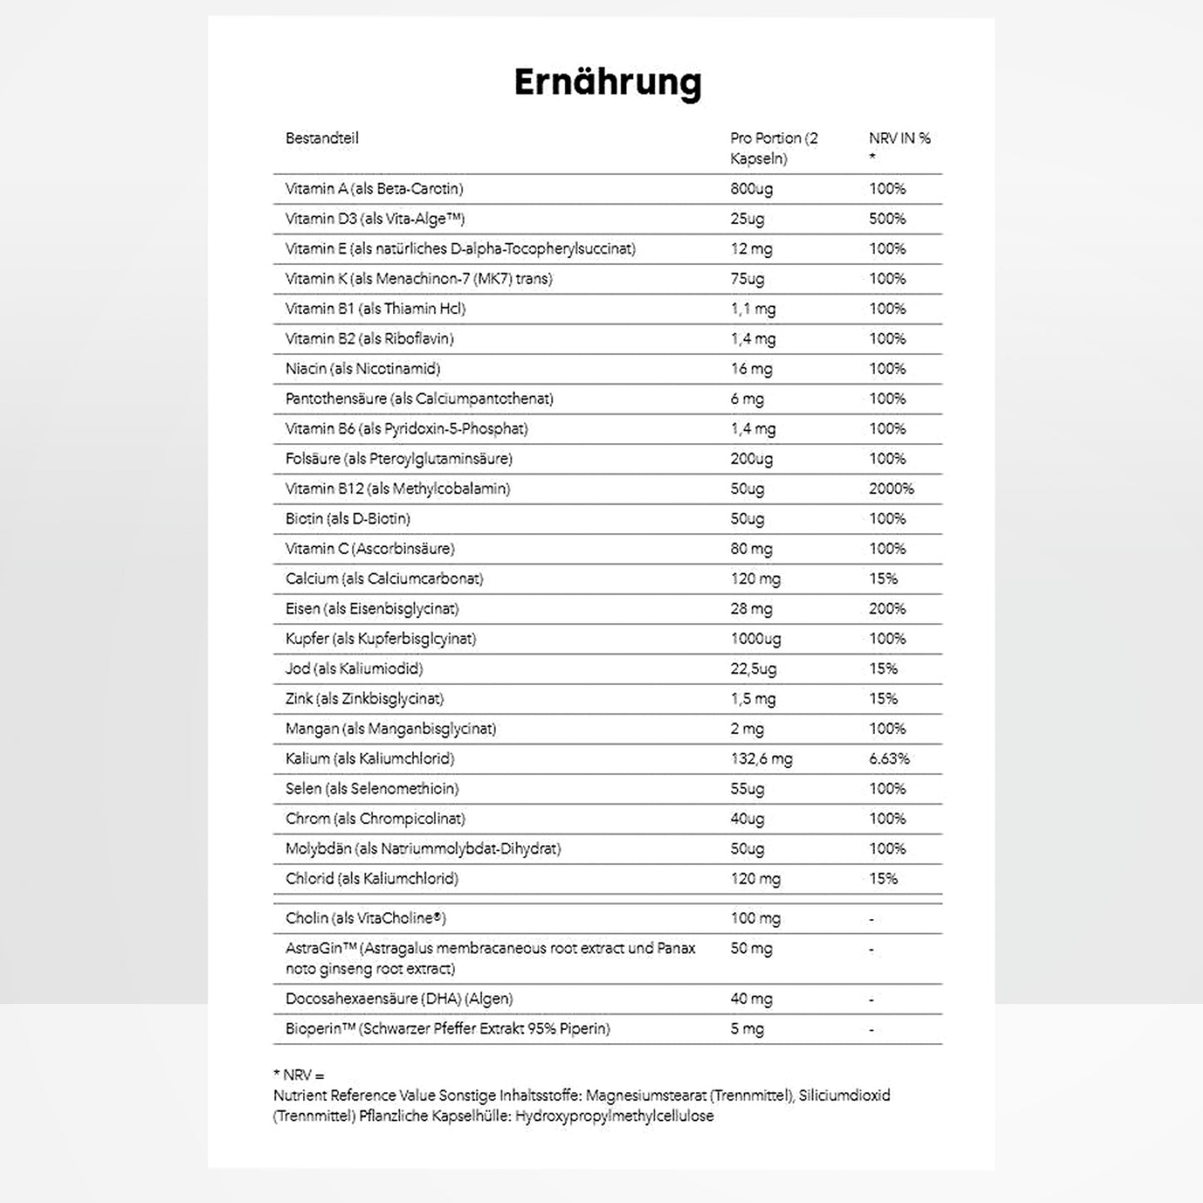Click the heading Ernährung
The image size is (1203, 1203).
[608, 82]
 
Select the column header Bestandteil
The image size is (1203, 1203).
[321, 138]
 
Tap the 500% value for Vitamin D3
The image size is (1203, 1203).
[887, 219]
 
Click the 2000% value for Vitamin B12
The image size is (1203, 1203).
[891, 489]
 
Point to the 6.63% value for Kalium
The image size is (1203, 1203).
[889, 758]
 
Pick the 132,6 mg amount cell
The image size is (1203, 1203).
[761, 758]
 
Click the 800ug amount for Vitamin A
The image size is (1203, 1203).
[751, 189]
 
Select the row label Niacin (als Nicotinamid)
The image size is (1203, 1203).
[362, 369]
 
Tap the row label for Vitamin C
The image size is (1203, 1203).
[370, 549]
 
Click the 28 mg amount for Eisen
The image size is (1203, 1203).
[751, 609]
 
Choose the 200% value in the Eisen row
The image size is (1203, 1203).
[887, 609]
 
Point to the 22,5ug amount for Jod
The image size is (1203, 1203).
[753, 669]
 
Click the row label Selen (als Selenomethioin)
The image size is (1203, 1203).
[371, 788]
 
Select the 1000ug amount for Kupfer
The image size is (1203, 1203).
[755, 639]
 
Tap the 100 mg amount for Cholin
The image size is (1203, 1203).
[755, 918]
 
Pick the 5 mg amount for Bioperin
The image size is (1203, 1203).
[747, 1028]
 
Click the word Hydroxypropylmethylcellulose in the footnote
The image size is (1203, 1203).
[614, 1116]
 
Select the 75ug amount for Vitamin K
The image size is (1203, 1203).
[747, 279]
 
